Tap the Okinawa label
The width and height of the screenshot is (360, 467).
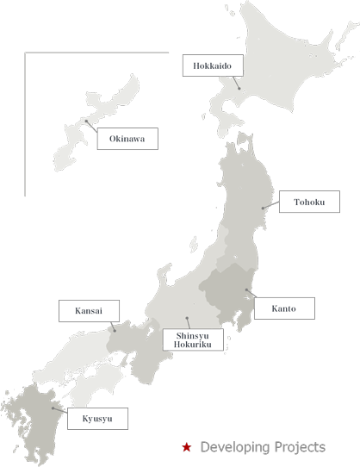pos(126,139)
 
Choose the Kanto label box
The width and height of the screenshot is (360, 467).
pos(285,308)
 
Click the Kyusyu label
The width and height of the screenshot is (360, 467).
pos(97,420)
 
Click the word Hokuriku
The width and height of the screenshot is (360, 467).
pos(193,344)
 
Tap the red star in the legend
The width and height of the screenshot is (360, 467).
pos(186,448)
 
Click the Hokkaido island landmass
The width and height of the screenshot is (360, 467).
pos(276,69)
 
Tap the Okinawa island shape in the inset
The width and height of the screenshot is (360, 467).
pos(95,129)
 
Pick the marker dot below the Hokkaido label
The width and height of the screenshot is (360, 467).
pos(239,88)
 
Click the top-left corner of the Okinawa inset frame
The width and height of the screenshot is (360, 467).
pos(25,53)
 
